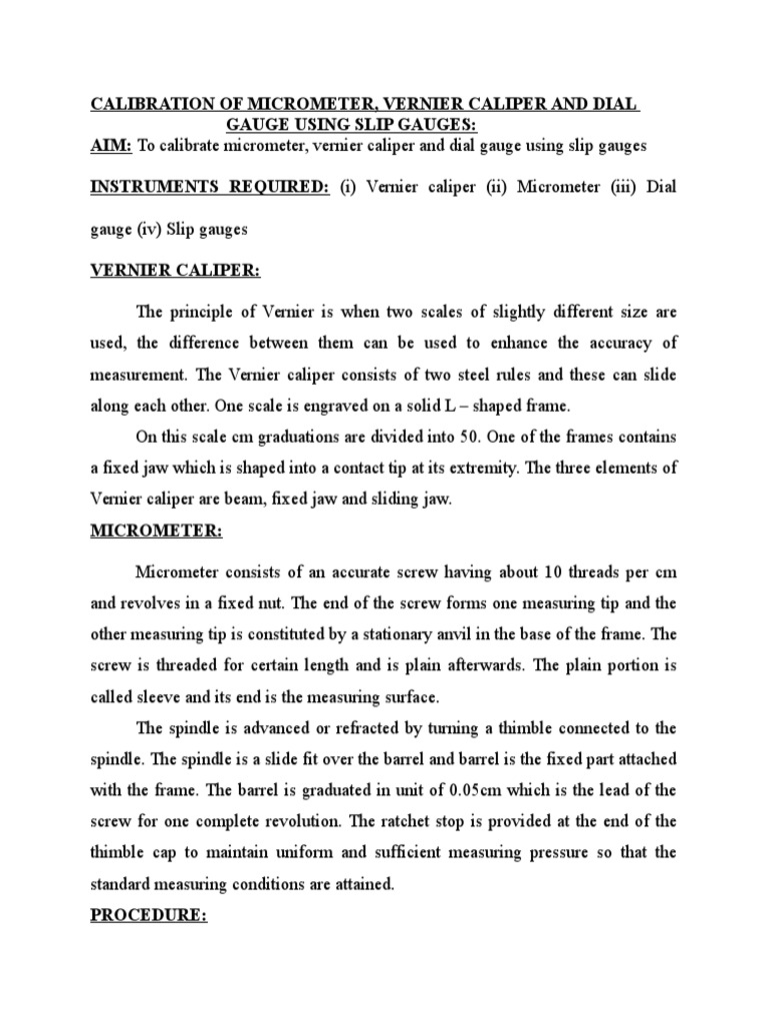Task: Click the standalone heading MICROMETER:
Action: [x=157, y=532]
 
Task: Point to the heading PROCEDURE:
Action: [x=149, y=915]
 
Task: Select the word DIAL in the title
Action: [x=616, y=104]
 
